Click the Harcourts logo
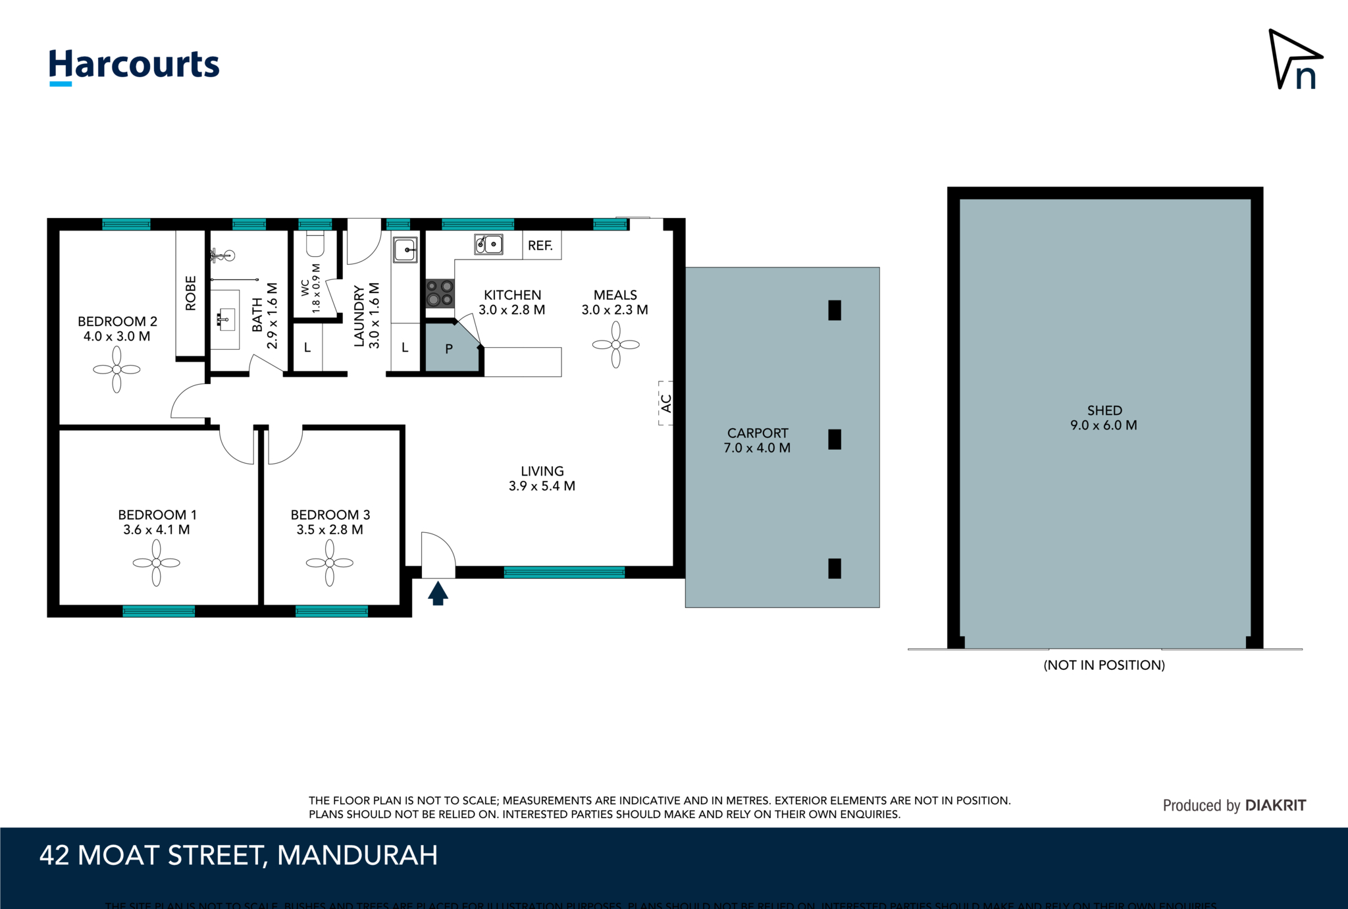134,66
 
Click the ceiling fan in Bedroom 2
117,370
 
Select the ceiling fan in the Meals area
615,344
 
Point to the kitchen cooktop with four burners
440,294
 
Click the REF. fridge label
540,246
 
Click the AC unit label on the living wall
665,403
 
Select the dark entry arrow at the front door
438,593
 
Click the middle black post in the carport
835,439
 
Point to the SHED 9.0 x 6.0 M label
1104,418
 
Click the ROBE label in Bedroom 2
191,293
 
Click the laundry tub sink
405,250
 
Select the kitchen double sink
488,244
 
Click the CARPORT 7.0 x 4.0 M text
757,441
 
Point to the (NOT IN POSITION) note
1104,665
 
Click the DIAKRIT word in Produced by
1275,806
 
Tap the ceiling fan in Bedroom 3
330,563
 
